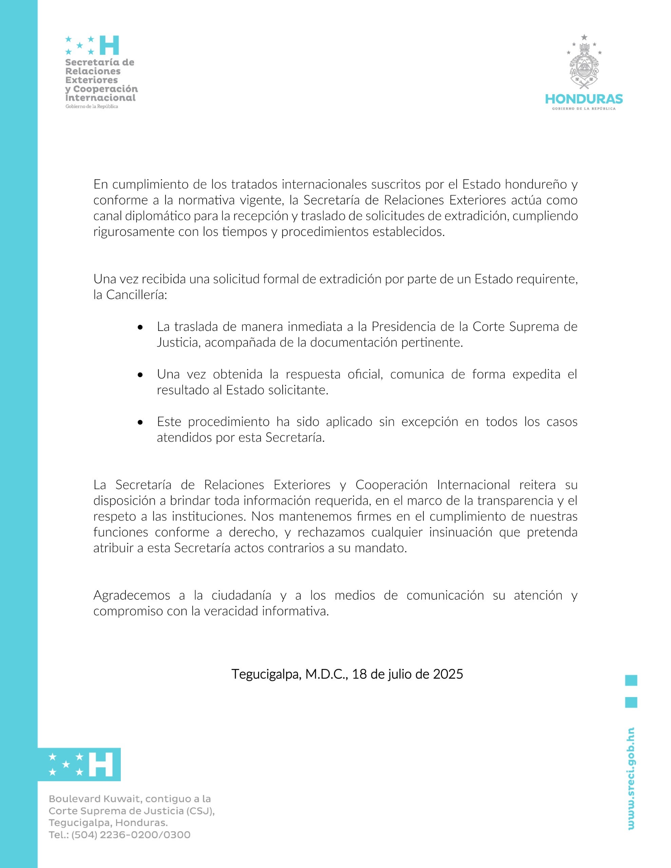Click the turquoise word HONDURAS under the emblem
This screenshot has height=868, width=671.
pos(583,99)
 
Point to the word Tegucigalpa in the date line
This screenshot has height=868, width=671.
pos(266,674)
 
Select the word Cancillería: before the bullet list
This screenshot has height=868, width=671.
pos(136,295)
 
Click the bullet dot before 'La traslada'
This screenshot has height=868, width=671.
pos(140,328)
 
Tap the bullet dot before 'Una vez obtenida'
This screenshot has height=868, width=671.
pos(140,375)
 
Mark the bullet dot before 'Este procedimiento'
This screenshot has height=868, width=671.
pos(140,422)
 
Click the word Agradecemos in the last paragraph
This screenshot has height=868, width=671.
pos(132,595)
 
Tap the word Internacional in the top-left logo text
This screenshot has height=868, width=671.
pos(100,98)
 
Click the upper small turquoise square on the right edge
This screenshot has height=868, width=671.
pos(631,680)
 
